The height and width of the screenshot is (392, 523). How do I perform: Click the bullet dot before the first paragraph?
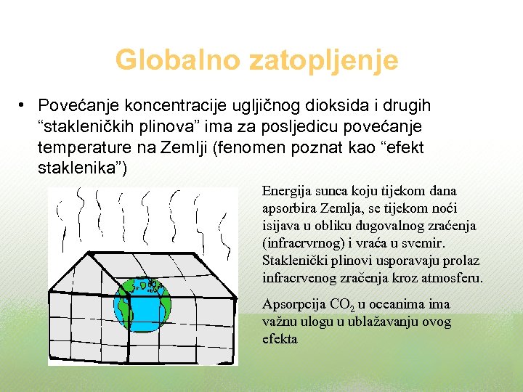pos(24,107)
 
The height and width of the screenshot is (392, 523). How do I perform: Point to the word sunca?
pos(332,192)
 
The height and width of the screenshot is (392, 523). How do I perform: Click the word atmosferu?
pos(452,278)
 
